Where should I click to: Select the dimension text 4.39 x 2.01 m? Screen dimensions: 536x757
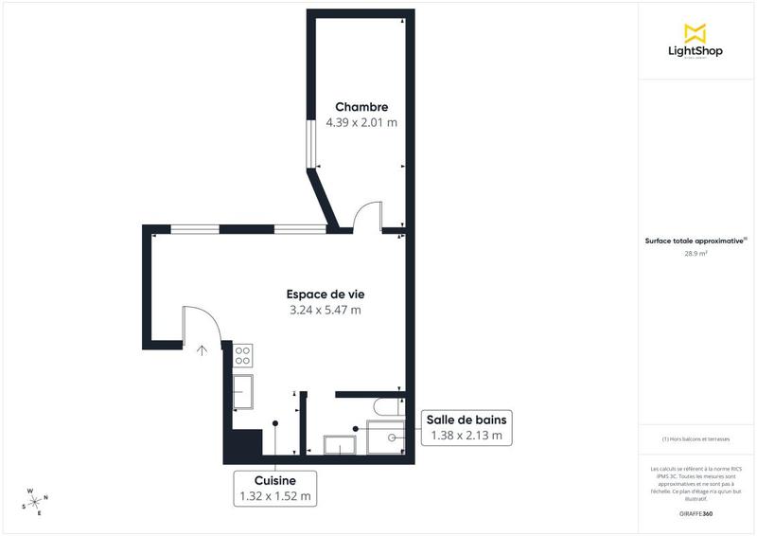[x=361, y=123]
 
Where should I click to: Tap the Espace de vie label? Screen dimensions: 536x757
[x=325, y=294]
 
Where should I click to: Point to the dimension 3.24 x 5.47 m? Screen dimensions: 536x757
[x=325, y=310]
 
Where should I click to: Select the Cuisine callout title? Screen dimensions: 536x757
[x=274, y=480]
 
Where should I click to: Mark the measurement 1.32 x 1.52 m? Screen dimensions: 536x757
[x=274, y=495]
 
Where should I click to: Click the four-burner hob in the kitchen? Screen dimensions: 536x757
[x=242, y=355]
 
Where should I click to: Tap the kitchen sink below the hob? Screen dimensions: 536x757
[x=242, y=391]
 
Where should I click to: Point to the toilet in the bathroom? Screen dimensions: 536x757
[x=386, y=407]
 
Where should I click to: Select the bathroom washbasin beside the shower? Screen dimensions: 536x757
[x=338, y=445]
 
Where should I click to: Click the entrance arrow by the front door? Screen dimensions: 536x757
[x=202, y=348]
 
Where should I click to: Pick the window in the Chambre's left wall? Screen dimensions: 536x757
[x=309, y=143]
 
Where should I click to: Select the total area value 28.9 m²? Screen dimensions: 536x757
[x=695, y=254]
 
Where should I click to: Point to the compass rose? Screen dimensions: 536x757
[x=35, y=501]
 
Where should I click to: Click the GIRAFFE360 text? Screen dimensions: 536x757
[x=695, y=512]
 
